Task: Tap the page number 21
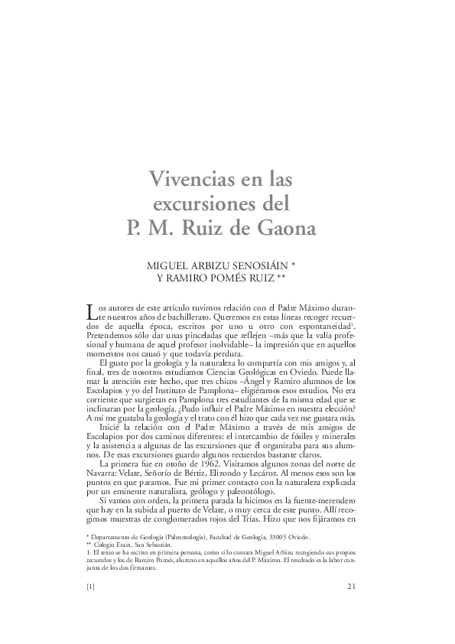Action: [353, 587]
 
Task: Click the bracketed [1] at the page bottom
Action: [90, 587]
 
